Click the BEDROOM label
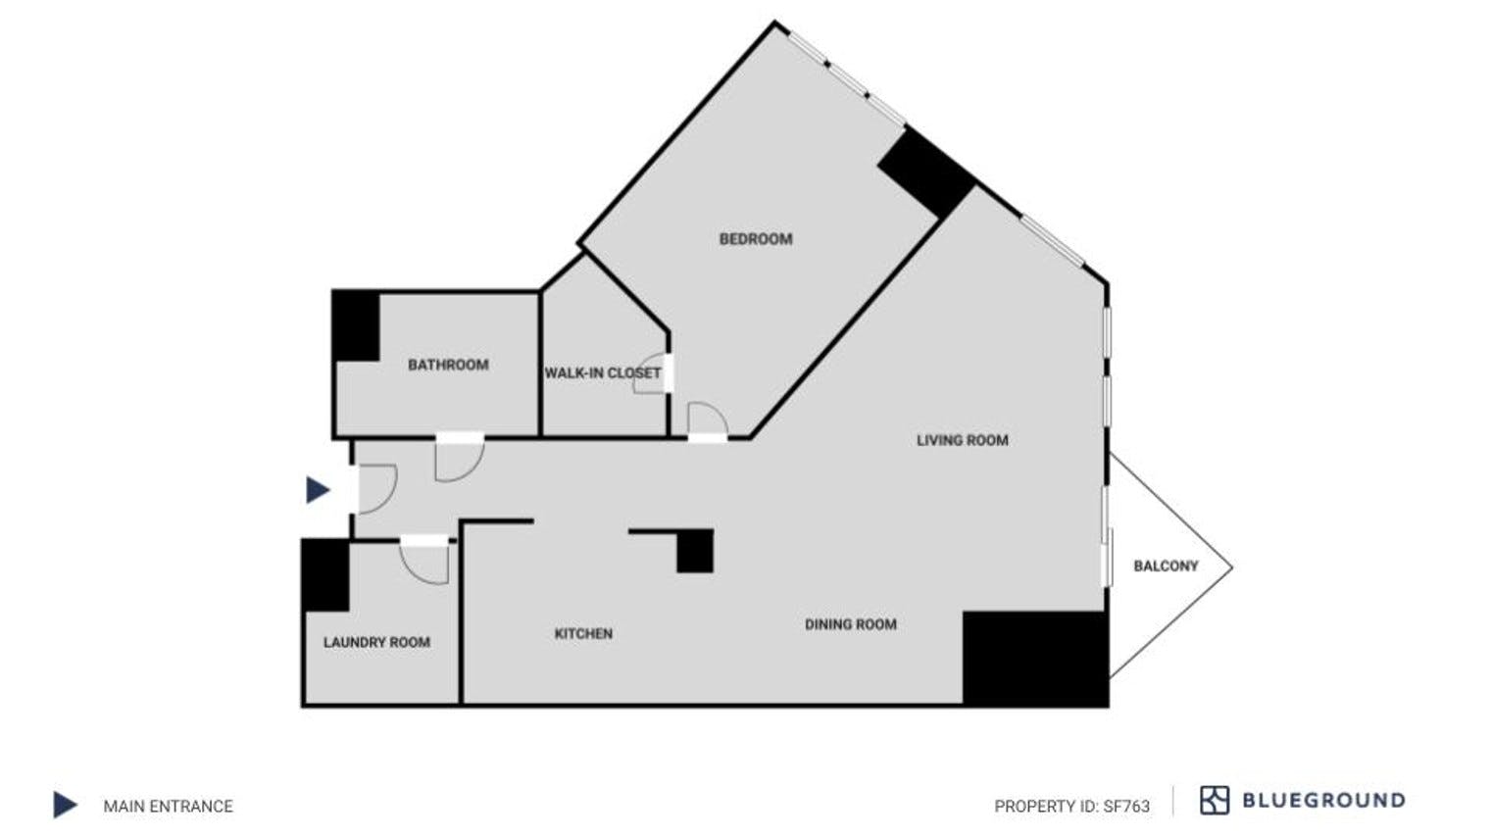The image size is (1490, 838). pyautogui.click(x=756, y=239)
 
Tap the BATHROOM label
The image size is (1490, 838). pyautogui.click(x=448, y=366)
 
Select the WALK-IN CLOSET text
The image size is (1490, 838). pyautogui.click(x=603, y=373)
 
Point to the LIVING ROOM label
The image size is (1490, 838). pyautogui.click(x=963, y=440)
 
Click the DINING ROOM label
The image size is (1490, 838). pyautogui.click(x=851, y=624)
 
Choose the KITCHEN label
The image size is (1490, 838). pyautogui.click(x=583, y=634)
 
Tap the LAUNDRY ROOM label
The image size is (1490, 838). pyautogui.click(x=376, y=643)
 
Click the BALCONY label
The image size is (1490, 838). pyautogui.click(x=1167, y=566)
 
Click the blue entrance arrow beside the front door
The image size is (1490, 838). pyautogui.click(x=318, y=490)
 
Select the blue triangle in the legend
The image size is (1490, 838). pyautogui.click(x=65, y=805)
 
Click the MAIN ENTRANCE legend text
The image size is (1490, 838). pyautogui.click(x=169, y=806)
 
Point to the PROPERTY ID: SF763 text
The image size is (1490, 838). pyautogui.click(x=1071, y=806)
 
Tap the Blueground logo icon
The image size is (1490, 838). pyautogui.click(x=1214, y=800)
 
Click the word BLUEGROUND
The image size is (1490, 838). pyautogui.click(x=1323, y=800)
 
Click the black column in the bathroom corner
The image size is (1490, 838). pyautogui.click(x=357, y=326)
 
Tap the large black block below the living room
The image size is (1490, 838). pyautogui.click(x=1035, y=659)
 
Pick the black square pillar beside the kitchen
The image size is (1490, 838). pyautogui.click(x=695, y=552)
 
